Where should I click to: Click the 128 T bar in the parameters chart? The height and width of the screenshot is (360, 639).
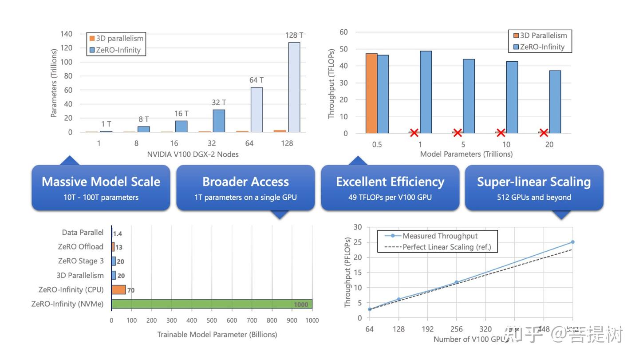click(294, 87)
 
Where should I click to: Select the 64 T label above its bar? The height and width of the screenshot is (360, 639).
click(256, 80)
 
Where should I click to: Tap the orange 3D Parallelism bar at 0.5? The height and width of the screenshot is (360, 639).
click(371, 93)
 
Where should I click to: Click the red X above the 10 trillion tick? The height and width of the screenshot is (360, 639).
click(501, 132)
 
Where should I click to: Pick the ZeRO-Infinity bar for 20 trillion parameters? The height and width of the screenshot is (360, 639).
click(555, 102)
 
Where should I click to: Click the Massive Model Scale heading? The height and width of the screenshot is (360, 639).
click(101, 182)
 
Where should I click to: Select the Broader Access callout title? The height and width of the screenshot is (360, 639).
click(245, 182)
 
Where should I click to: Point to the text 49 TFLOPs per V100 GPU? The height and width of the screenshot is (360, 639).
click(390, 197)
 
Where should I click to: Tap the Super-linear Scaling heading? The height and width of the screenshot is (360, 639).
click(534, 182)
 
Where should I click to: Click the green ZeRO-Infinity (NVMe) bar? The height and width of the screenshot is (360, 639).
click(212, 304)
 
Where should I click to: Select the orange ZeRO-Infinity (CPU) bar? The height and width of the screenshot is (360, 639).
click(118, 290)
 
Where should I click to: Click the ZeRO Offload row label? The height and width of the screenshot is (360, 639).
click(80, 247)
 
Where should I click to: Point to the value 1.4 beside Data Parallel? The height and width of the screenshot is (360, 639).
click(118, 233)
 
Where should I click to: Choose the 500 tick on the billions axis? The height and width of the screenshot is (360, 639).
click(212, 320)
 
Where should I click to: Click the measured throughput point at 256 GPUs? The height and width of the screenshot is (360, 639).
click(456, 282)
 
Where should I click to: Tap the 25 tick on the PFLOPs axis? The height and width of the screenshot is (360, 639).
click(358, 242)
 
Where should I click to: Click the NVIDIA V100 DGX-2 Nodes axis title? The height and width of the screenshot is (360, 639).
click(193, 154)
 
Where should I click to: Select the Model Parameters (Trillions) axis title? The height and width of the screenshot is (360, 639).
click(466, 154)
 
